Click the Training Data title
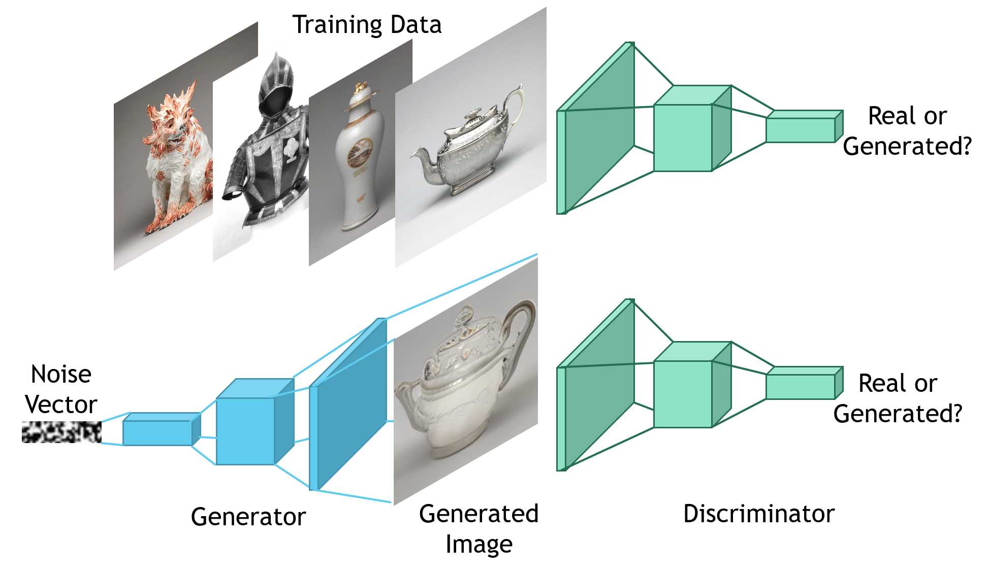coord(367,24)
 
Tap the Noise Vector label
coord(61,389)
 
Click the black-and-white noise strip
coord(61,432)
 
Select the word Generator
coord(248,517)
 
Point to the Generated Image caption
coord(479,528)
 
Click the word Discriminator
coord(758,514)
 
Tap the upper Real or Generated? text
coord(907,131)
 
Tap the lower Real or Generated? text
coord(898,398)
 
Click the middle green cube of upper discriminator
coord(683,138)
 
